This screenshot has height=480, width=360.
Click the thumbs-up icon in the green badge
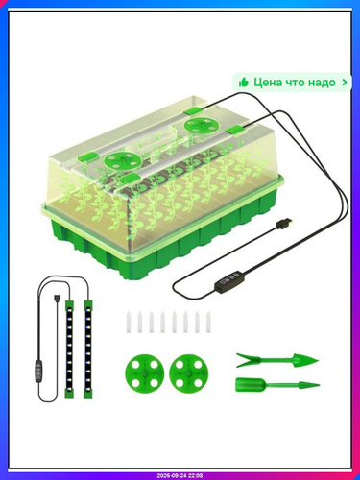pyautogui.click(x=244, y=83)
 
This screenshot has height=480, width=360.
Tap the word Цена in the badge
pyautogui.click(x=268, y=83)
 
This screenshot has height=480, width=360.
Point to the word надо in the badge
pyautogui.click(x=322, y=83)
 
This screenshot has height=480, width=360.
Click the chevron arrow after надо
pyautogui.click(x=345, y=83)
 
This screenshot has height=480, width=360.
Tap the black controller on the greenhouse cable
pyautogui.click(x=228, y=280)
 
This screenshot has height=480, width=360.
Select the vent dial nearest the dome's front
pyautogui.click(x=123, y=160)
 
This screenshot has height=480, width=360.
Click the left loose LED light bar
pyautogui.click(x=68, y=349)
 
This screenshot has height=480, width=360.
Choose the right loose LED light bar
pyautogui.click(x=88, y=349)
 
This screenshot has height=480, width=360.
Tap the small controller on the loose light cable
pyautogui.click(x=39, y=372)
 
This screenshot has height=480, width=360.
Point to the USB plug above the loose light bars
pyautogui.click(x=56, y=300)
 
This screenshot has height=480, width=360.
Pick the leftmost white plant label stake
pyautogui.click(x=129, y=322)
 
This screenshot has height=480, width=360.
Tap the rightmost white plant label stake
pyautogui.click(x=208, y=322)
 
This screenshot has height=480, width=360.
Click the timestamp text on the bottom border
pyautogui.click(x=180, y=476)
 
